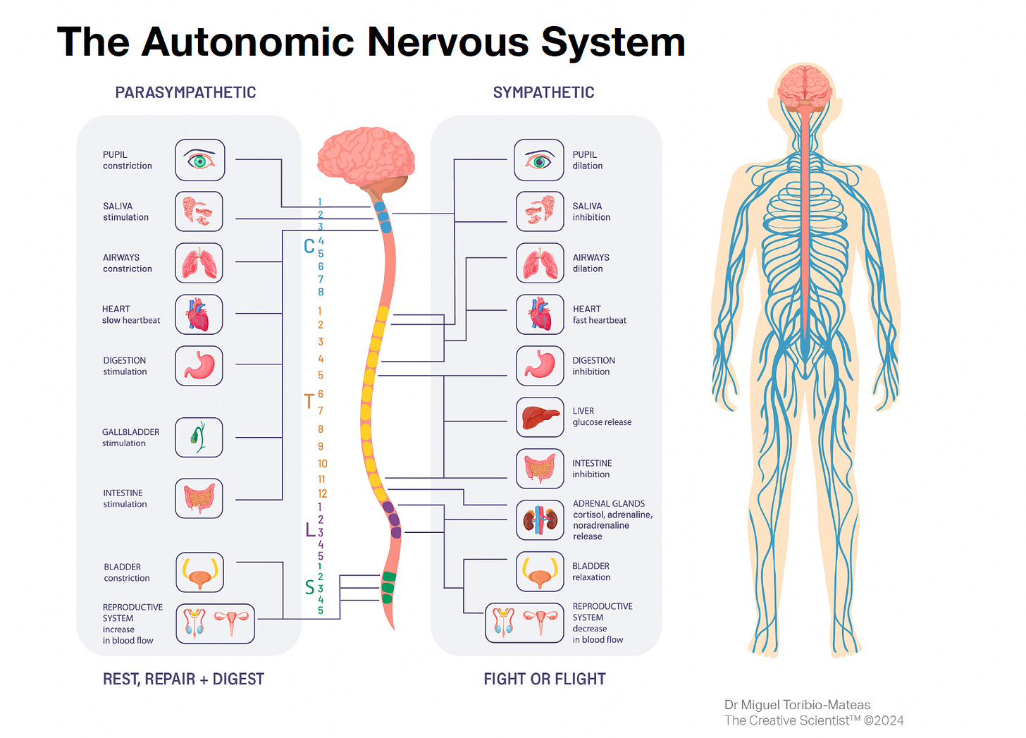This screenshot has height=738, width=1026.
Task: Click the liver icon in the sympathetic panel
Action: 540,417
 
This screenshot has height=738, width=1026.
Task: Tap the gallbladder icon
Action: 199,437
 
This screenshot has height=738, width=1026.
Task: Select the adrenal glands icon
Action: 540,520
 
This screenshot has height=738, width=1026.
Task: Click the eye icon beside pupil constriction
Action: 200,160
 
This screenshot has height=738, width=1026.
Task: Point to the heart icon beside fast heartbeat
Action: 540,314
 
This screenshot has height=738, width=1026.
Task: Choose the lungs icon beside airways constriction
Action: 199,263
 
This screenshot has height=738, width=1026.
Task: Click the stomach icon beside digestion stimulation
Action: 199,365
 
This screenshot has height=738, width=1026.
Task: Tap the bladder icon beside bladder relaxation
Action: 540,571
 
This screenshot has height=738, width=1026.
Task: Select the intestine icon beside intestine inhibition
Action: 540,469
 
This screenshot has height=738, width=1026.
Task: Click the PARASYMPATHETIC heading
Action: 185,92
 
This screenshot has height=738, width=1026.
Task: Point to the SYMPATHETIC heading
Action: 543,92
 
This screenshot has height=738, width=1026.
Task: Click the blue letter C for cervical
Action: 309,246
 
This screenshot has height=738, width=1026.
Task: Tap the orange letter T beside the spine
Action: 309,402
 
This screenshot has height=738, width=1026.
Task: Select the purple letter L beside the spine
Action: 310,530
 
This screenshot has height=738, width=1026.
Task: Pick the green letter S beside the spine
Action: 309,587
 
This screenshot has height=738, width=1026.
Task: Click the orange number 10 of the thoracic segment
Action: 322,463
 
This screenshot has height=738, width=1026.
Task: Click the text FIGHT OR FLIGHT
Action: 544,679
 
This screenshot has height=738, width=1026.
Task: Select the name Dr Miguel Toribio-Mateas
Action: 797,705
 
